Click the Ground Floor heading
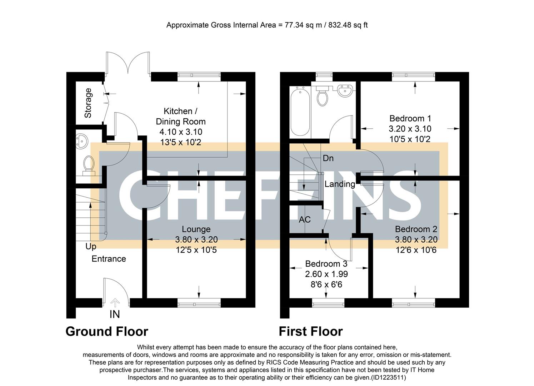coord(107,331)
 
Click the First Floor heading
coord(310,331)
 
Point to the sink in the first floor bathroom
coord(345,90)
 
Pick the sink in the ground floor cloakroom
coord(82,142)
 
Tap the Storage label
coord(88,103)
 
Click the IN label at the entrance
coord(115,314)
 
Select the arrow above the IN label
coord(115,303)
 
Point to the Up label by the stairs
coord(91,247)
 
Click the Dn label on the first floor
coord(328,158)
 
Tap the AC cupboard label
coord(305,219)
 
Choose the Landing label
coord(340,184)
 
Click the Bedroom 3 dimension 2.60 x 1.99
coord(326,274)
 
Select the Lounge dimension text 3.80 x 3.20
coord(196,239)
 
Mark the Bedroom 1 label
coord(410,118)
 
